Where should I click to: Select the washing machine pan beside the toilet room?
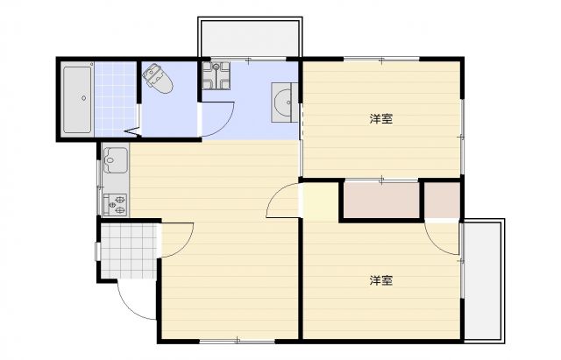coord(215,76)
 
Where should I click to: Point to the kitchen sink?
coord(116,161)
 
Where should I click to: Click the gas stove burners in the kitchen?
coord(116,204)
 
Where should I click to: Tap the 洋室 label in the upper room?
coord(380,118)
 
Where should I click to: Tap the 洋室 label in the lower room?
coord(380,280)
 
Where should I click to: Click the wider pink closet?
coord(381,201)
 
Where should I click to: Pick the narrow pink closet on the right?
coord(443,201)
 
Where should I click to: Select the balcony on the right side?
coord(483,280)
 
